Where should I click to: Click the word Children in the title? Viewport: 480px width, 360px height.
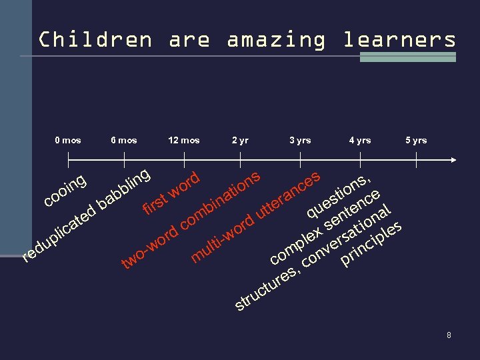coord(95,39)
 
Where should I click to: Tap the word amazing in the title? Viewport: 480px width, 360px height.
coord(276,39)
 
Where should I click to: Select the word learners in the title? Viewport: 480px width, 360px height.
coord(399,39)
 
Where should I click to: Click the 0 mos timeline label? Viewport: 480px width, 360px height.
coord(67,140)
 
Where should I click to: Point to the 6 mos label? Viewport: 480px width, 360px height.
coord(124,140)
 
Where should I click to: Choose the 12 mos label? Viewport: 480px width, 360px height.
coord(184,140)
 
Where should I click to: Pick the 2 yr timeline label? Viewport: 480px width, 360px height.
coord(240,140)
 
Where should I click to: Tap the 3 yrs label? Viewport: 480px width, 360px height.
coord(300,140)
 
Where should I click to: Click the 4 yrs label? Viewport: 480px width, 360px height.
coord(360,140)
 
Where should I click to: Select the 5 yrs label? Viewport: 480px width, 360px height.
coord(416,140)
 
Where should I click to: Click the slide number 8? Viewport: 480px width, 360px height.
coord(449,335)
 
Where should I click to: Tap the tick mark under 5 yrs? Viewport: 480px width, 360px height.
coord(416,160)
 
